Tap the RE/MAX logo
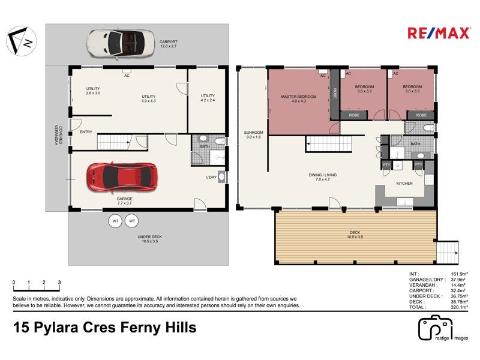pyautogui.click(x=439, y=33)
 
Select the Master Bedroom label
pyautogui.click(x=298, y=98)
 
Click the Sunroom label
pyautogui.click(x=253, y=134)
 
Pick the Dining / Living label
pyautogui.click(x=323, y=177)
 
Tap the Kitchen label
pyautogui.click(x=404, y=183)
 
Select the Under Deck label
pyautogui.click(x=148, y=239)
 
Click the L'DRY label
pyautogui.click(x=211, y=177)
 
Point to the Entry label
pyautogui.click(x=86, y=133)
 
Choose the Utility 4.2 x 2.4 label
pyautogui.click(x=208, y=98)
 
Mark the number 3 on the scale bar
pyautogui.click(x=59, y=282)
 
